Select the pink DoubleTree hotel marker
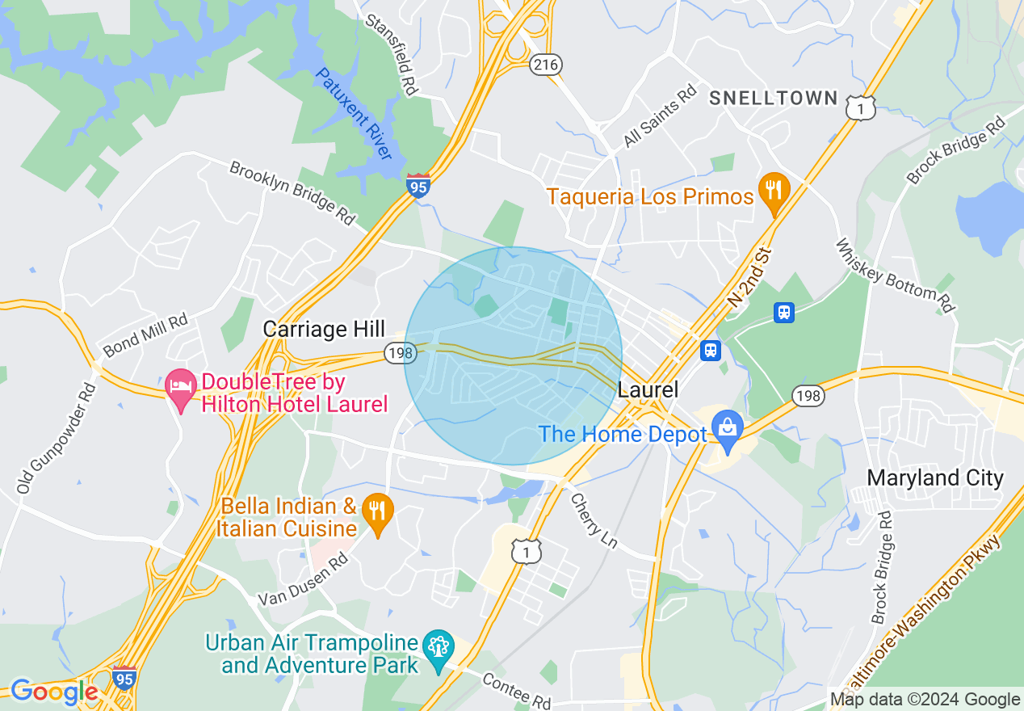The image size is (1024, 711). (181, 388)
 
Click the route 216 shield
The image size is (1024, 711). (546, 65)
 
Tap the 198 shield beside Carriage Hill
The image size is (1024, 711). (399, 353)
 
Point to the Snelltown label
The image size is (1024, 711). (774, 99)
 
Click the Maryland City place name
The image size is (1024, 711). (934, 478)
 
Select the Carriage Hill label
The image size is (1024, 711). (324, 329)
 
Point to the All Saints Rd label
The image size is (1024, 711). (660, 118)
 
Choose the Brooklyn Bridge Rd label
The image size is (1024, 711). (292, 192)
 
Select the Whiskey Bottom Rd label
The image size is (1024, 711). (895, 275)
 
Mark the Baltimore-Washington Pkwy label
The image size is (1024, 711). (928, 614)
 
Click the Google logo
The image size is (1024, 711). (54, 692)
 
